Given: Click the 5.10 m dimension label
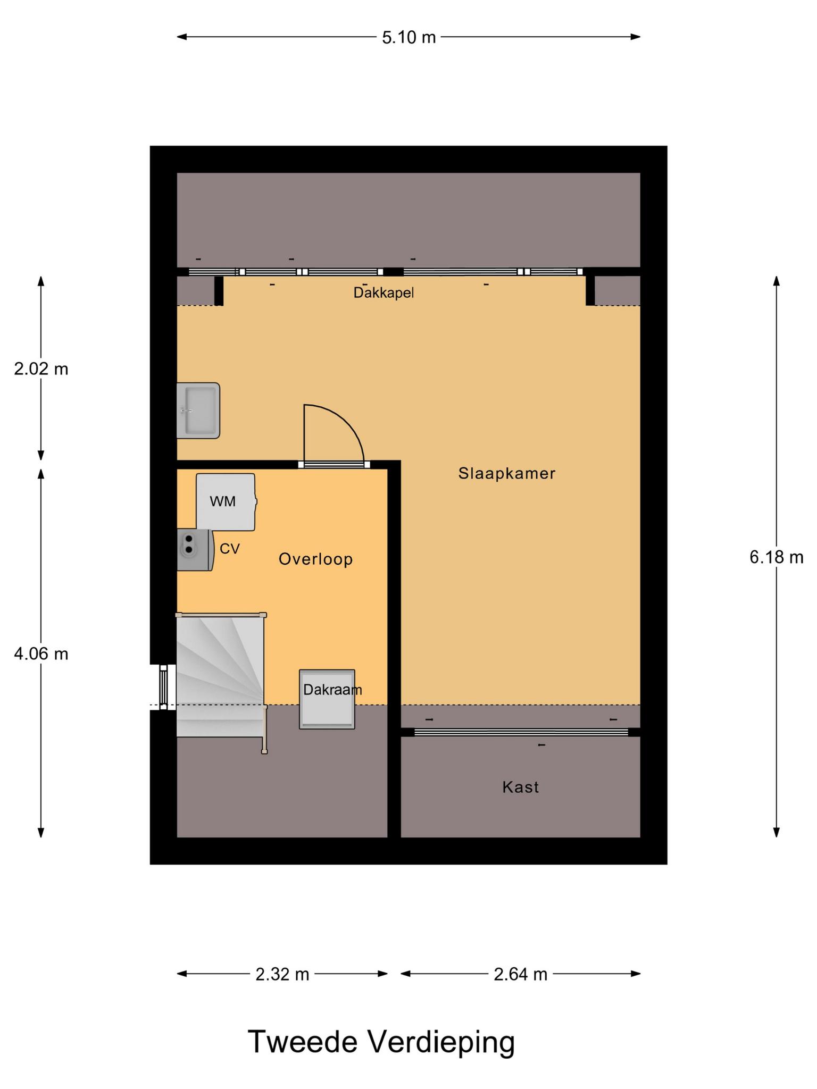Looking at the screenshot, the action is click(x=408, y=37).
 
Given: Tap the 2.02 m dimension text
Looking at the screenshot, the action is click(x=41, y=368).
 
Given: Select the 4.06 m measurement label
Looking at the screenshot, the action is click(x=41, y=654).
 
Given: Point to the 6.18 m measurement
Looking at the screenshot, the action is click(x=777, y=557).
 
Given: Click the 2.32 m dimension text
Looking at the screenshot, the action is click(x=282, y=974).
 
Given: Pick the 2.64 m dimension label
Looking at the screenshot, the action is click(x=521, y=974).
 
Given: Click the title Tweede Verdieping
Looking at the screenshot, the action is click(x=381, y=1042).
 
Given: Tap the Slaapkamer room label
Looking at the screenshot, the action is click(x=507, y=473).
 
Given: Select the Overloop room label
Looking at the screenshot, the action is click(x=316, y=559).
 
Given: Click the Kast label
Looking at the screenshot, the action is click(x=521, y=787).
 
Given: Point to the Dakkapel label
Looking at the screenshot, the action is click(x=384, y=293).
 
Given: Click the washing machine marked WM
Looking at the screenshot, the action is click(x=226, y=502).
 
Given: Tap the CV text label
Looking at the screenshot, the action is click(x=230, y=549).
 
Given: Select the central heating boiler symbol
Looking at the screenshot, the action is click(x=195, y=550).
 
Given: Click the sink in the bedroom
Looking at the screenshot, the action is click(x=198, y=411).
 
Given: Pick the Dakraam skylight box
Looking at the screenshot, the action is click(x=327, y=699).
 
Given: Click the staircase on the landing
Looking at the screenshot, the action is click(x=220, y=675).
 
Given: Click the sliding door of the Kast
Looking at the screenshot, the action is click(x=521, y=732).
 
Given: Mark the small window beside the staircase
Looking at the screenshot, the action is click(x=163, y=687).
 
